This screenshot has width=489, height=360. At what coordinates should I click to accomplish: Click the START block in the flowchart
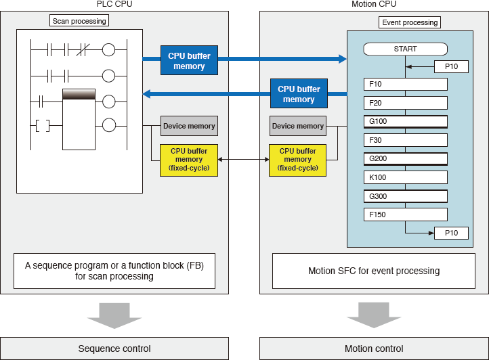406,49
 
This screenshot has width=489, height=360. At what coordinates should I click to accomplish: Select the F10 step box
406,85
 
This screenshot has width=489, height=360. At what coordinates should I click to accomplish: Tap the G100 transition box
406,122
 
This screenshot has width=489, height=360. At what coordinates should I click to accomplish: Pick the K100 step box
406,177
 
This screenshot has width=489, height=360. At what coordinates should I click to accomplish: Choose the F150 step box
406,215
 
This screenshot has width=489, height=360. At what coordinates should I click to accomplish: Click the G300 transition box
406,196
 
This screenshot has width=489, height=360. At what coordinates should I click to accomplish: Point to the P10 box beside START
451,67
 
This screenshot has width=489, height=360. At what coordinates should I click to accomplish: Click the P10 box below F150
451,233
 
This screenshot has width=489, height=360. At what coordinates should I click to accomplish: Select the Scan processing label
80,21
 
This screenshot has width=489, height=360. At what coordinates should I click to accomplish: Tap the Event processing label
410,22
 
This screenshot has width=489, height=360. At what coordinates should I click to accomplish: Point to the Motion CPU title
374,5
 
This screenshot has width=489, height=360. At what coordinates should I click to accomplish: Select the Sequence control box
114,348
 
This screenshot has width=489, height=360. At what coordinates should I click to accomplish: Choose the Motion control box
374,348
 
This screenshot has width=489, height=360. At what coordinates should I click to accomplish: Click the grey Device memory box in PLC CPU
189,126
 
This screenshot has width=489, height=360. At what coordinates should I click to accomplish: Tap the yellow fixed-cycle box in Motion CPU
298,160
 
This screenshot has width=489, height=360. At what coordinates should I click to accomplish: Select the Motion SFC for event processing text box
374,271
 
